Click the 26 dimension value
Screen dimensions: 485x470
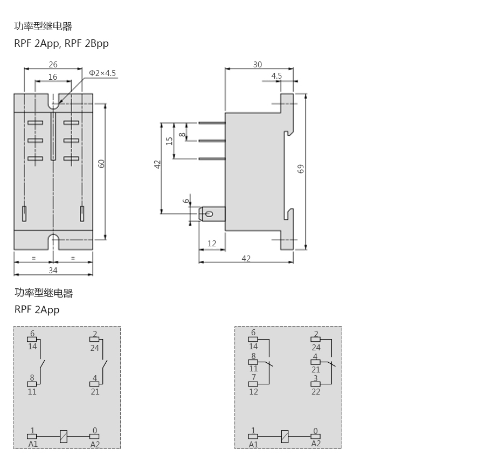53,64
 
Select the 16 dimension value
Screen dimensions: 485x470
53,77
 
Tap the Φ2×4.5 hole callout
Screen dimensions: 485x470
102,73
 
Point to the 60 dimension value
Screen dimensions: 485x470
101,164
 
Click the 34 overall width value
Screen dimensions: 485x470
53,271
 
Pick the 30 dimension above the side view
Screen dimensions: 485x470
258,64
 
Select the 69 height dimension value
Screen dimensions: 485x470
301,169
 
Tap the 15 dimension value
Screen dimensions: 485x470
169,141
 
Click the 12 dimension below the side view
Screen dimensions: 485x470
212,244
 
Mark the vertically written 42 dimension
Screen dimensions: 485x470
157,164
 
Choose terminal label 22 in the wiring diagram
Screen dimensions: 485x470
315,392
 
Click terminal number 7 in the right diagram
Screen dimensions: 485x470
254,377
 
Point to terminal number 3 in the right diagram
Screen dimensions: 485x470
315,378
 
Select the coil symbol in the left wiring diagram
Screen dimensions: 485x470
64,436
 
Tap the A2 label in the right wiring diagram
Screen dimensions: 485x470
316,444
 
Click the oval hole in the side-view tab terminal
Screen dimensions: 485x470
210,214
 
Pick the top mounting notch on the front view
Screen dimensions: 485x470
53,101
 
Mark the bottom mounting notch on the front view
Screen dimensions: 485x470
53,241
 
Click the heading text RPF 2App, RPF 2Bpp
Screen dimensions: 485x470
61,43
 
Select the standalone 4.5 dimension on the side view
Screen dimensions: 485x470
276,76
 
